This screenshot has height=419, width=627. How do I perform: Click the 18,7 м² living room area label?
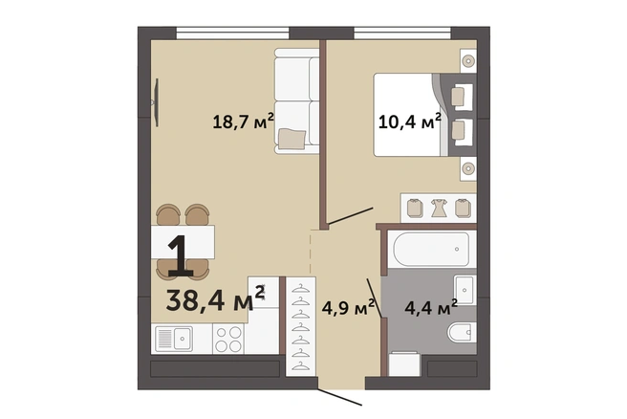click(x=243, y=121)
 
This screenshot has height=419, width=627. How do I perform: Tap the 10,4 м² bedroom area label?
click(x=409, y=121)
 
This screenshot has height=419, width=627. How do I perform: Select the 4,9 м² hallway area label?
click(x=348, y=308)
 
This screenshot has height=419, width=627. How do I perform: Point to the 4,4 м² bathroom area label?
click(x=431, y=308)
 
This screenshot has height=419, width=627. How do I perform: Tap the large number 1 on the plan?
click(x=182, y=254)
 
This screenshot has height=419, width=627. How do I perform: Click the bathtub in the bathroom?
click(x=431, y=249)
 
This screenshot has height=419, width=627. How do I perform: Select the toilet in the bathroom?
click(x=462, y=332)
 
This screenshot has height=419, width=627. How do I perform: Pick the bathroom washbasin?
click(x=465, y=289)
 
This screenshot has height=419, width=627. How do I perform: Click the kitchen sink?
click(x=174, y=339)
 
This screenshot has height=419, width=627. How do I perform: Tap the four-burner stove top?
click(x=227, y=339)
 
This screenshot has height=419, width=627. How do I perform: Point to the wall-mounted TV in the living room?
click(x=156, y=102)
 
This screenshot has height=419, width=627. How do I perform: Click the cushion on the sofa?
click(x=292, y=138)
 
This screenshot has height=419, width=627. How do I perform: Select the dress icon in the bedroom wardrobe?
click(x=439, y=209)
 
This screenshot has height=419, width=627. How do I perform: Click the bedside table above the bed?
click(x=467, y=61)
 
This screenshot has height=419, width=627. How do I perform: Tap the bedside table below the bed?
click(x=467, y=168)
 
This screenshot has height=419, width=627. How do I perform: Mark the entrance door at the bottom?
click(x=340, y=396)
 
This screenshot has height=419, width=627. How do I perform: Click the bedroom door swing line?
click(x=350, y=215)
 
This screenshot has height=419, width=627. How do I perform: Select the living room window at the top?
click(x=232, y=33)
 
